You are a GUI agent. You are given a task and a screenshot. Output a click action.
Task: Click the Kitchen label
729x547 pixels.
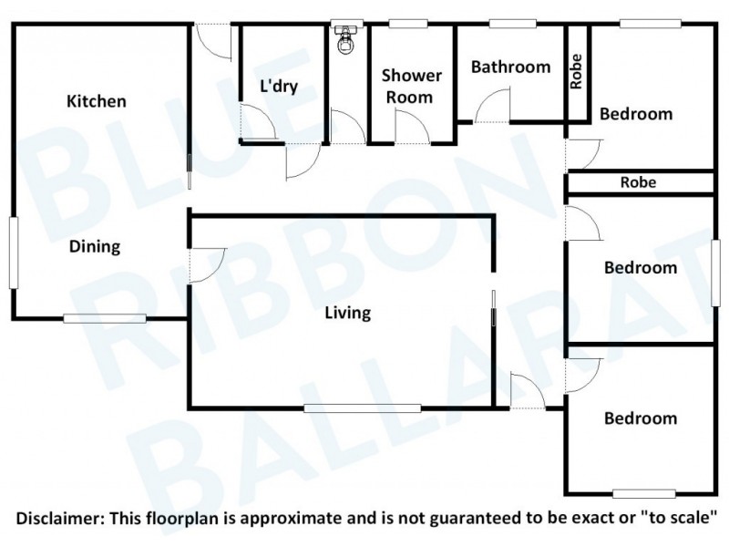pos(97,101)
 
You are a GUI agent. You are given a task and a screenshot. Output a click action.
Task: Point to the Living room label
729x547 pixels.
pos(348,313)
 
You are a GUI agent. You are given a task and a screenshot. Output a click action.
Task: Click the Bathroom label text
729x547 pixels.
pos(510,67)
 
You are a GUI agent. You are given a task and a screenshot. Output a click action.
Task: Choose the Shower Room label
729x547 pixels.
pos(412,86)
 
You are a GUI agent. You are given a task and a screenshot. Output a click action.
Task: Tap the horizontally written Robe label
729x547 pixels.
pos(638,182)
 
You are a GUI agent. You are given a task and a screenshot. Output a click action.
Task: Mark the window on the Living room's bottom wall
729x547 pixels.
pos(363,408)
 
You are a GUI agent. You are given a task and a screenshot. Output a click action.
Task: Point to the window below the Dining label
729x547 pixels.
pos(105,318)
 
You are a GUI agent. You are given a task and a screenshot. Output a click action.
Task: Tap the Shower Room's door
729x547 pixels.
pos(412,126)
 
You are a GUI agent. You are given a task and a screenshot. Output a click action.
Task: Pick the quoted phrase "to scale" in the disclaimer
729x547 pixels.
pos(683,519)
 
